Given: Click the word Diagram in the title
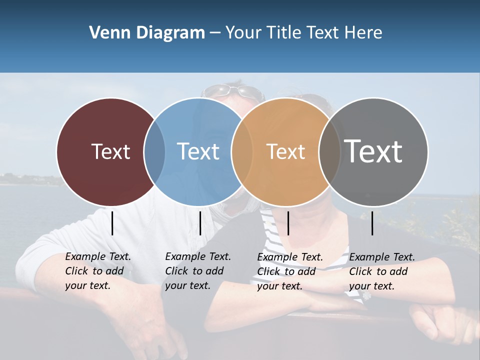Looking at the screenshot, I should [x=170, y=32].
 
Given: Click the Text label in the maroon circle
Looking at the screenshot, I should [x=110, y=151].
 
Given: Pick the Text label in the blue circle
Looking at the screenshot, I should [x=198, y=151].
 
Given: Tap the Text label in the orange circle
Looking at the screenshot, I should [x=285, y=151].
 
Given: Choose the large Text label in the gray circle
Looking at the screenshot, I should [x=373, y=151].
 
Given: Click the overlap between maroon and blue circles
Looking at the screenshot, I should [x=154, y=152].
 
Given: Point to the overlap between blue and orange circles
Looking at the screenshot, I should [x=242, y=152].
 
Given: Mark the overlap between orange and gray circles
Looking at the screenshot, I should [x=329, y=152].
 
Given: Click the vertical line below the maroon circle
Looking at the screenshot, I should [x=112, y=223].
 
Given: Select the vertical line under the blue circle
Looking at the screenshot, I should [x=200, y=223].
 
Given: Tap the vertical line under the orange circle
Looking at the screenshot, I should [x=288, y=223].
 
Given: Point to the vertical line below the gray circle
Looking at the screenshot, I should [x=372, y=223].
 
